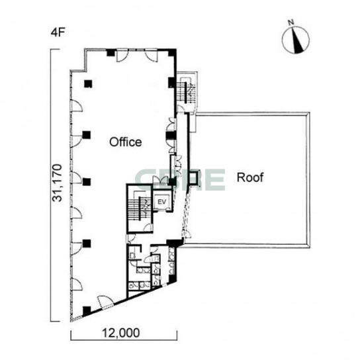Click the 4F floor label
point(58,32)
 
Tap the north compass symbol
point(296,40)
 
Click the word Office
point(125,142)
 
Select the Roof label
point(250,177)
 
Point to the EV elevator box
point(162,202)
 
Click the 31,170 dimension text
point(57,183)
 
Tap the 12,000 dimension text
point(120,333)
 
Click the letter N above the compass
point(291,22)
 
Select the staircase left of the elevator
point(140,208)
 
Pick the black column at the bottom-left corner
point(87,311)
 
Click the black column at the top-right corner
point(172,52)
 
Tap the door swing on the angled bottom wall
point(105,301)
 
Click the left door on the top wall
point(122,56)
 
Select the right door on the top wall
point(152,56)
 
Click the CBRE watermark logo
point(180,180)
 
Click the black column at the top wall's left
point(111,53)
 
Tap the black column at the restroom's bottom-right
point(172,279)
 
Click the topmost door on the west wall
point(77,106)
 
